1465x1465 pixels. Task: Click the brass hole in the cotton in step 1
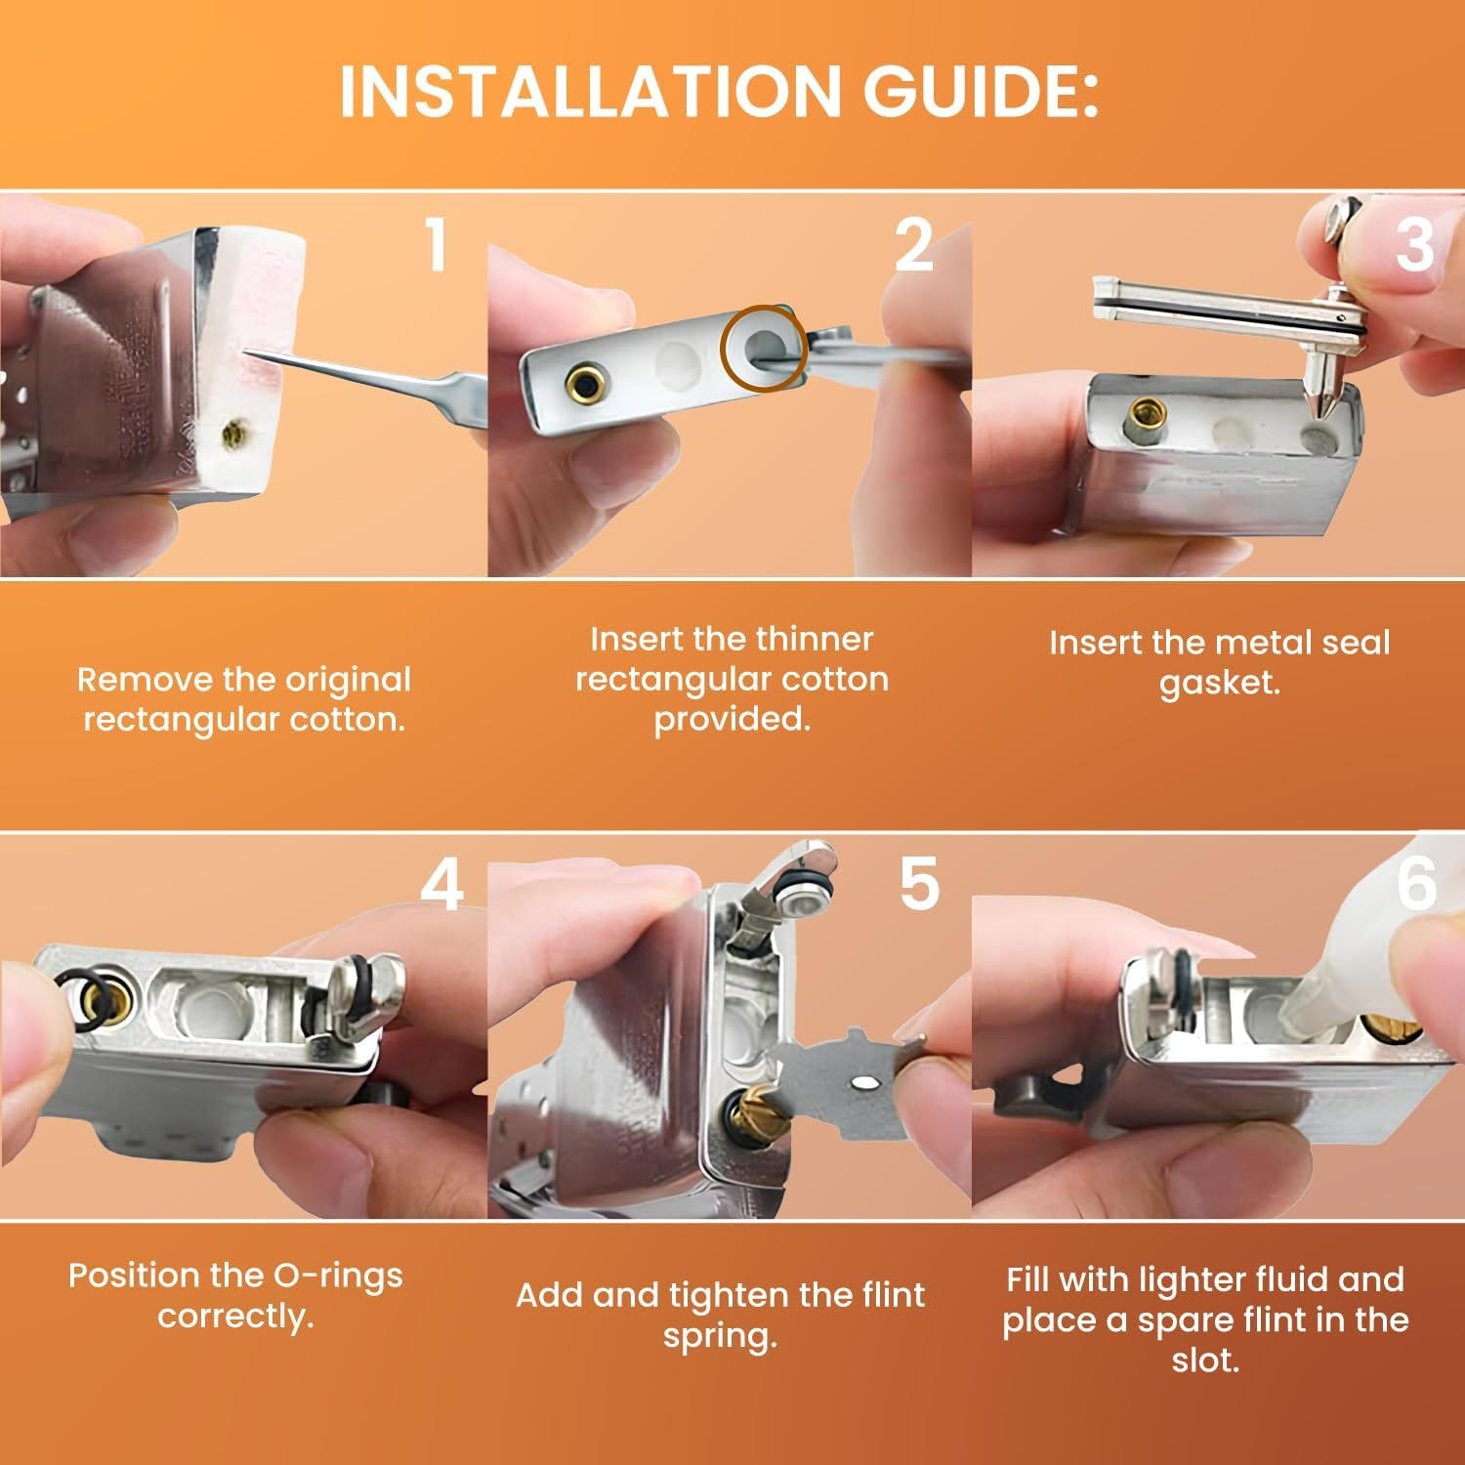click(232, 431)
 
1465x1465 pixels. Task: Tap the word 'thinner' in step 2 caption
click(814, 639)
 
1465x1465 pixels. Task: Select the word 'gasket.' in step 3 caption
click(1219, 683)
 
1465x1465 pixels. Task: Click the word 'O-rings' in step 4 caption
click(332, 1276)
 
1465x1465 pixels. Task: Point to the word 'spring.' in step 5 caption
click(720, 1336)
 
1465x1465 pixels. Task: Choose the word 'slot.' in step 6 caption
click(1206, 1360)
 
